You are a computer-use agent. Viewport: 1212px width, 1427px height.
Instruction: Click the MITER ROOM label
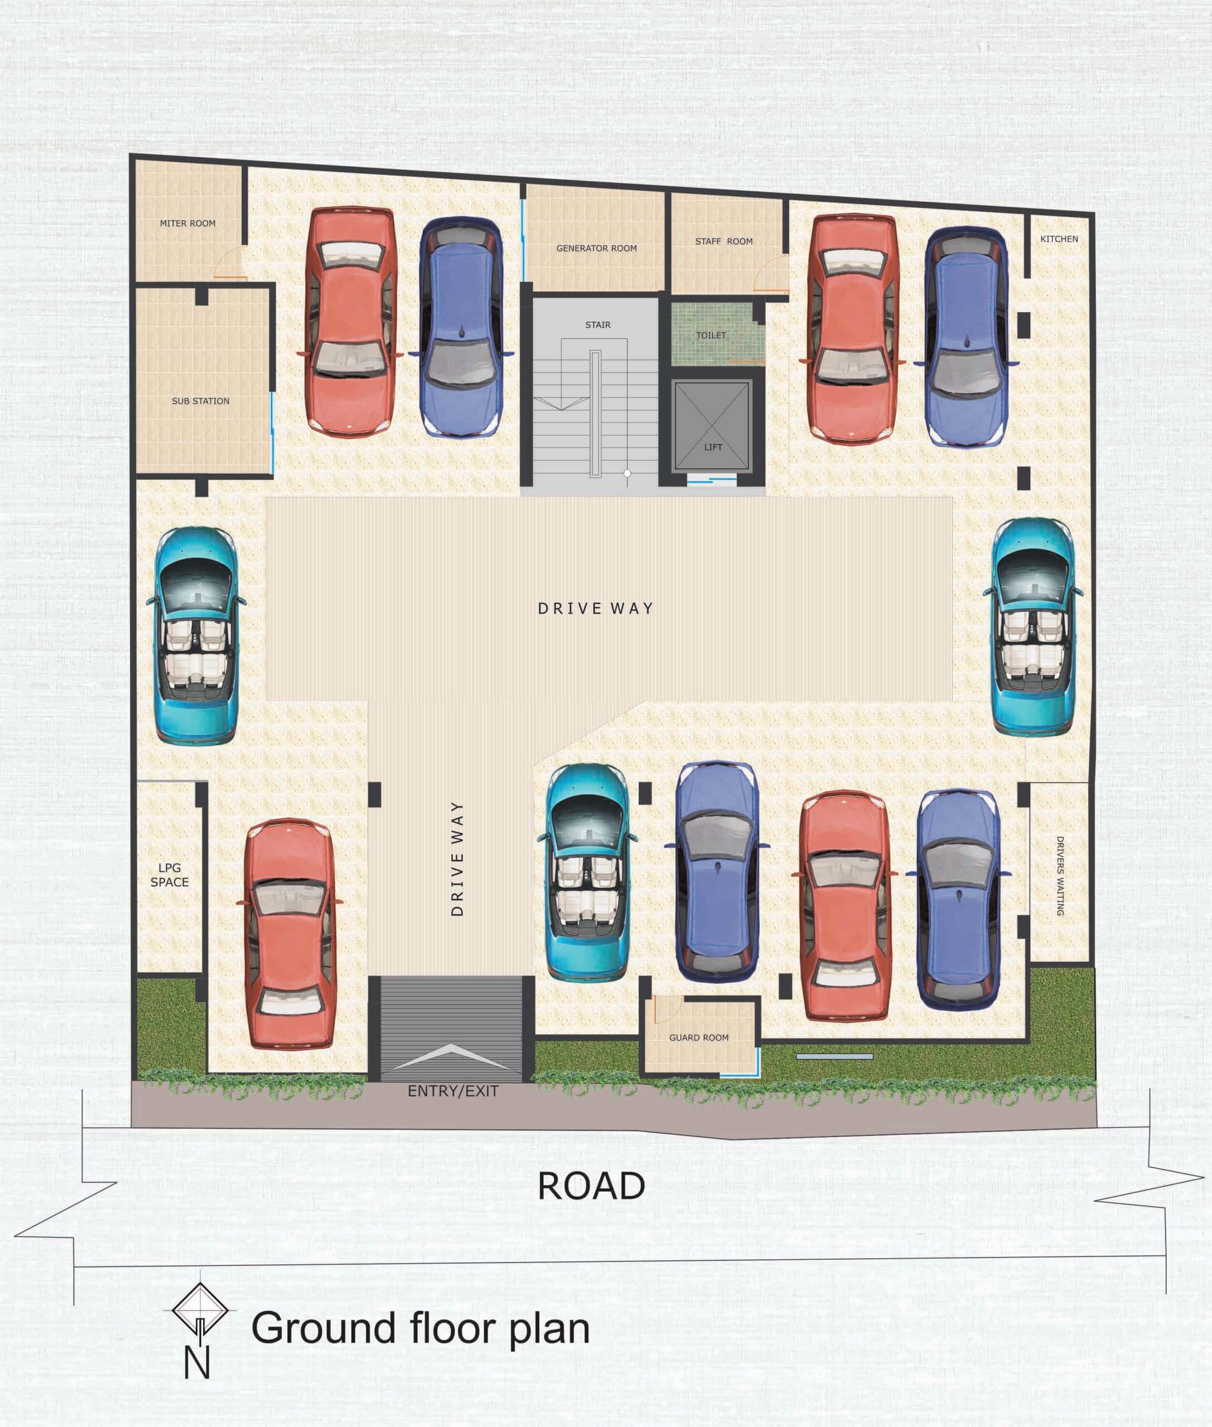tap(187, 223)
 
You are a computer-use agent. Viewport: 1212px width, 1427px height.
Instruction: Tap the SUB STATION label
tap(201, 401)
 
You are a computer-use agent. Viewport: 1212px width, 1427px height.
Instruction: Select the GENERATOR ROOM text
tap(596, 249)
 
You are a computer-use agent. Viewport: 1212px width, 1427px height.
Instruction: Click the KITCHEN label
tap(1059, 239)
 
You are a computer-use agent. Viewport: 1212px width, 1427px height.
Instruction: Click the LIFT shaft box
tap(712, 426)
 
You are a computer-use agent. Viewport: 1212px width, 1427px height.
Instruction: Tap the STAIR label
tap(598, 325)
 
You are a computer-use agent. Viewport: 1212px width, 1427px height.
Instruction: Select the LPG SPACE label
tap(170, 875)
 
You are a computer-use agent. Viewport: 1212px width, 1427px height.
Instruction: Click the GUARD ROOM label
tap(699, 1037)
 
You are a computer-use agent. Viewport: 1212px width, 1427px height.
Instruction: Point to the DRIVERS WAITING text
tap(1060, 876)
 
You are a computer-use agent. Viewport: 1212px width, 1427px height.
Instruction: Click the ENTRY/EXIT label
tap(453, 1091)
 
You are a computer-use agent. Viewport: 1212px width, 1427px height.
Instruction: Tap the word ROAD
tap(591, 1186)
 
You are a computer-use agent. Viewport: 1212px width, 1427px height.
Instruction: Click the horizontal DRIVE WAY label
tap(595, 609)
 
